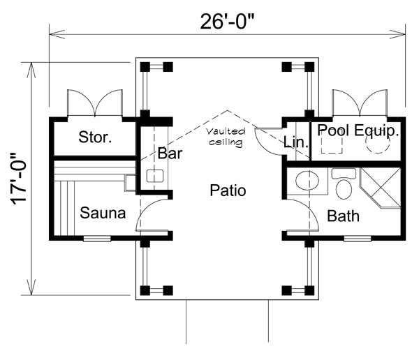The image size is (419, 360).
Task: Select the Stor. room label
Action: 95,137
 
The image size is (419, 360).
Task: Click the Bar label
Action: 170,153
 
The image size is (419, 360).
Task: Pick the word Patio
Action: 228,190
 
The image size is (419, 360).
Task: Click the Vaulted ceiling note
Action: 226,137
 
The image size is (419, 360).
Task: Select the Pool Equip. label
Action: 358,130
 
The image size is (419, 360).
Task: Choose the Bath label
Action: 344,216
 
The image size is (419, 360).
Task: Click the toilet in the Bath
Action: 344,186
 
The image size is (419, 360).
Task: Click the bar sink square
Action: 154,176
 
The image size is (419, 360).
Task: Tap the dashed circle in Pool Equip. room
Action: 378,142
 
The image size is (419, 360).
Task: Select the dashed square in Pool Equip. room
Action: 330,144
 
